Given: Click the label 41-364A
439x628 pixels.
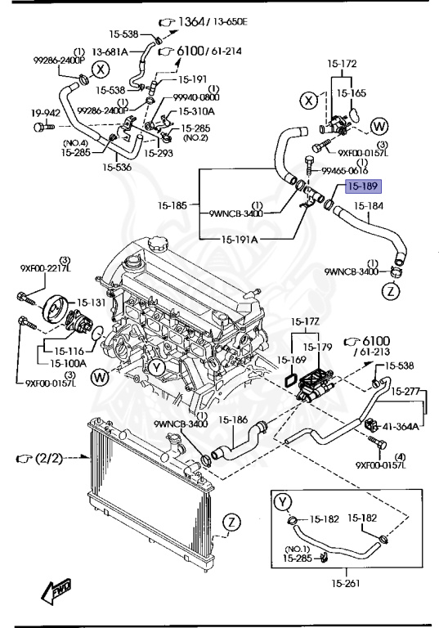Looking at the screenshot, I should (402, 426).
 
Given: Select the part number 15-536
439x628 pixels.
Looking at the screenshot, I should (117, 168).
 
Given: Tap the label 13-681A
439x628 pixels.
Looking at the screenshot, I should (109, 51).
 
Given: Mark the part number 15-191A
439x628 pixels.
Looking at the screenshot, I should (238, 240).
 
